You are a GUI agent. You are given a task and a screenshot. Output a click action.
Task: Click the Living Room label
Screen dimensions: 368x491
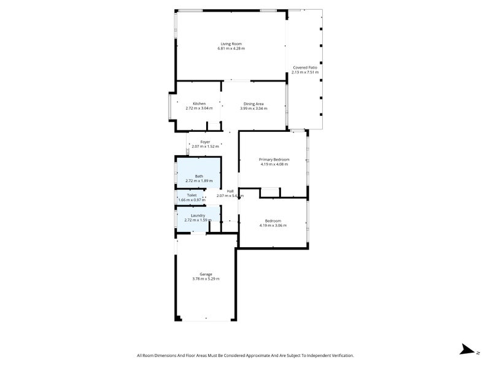click(231, 44)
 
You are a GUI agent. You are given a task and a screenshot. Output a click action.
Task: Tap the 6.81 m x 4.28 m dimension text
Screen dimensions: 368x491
click(231, 48)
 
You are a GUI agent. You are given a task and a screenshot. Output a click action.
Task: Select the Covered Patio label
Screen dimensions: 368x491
click(305, 67)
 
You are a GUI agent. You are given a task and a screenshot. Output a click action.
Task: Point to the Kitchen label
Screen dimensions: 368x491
click(199, 104)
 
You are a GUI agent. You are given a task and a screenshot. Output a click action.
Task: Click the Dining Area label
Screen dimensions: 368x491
click(253, 104)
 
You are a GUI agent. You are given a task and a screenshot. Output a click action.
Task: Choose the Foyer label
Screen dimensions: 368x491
click(205, 142)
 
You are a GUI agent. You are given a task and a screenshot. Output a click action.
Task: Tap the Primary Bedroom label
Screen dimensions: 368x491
click(274, 159)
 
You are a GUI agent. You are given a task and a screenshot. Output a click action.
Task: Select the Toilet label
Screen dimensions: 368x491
click(191, 195)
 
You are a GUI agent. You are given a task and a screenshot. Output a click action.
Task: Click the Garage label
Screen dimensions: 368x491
click(206, 274)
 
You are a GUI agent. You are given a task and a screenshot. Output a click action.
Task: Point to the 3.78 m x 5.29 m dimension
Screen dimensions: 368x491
click(206, 278)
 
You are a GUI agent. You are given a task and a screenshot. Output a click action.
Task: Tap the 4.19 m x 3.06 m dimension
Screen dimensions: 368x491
click(273, 226)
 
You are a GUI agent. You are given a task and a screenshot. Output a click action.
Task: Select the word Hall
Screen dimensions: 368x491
click(230, 191)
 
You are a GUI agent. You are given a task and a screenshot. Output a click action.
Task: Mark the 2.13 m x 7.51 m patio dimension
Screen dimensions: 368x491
click(305, 72)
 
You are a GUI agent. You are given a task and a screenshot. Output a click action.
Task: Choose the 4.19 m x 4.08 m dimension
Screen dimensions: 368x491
click(274, 164)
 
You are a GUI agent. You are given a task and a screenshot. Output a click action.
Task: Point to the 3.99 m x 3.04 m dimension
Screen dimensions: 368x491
click(253, 109)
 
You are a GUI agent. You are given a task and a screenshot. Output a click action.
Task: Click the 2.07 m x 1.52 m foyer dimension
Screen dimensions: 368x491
click(205, 147)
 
